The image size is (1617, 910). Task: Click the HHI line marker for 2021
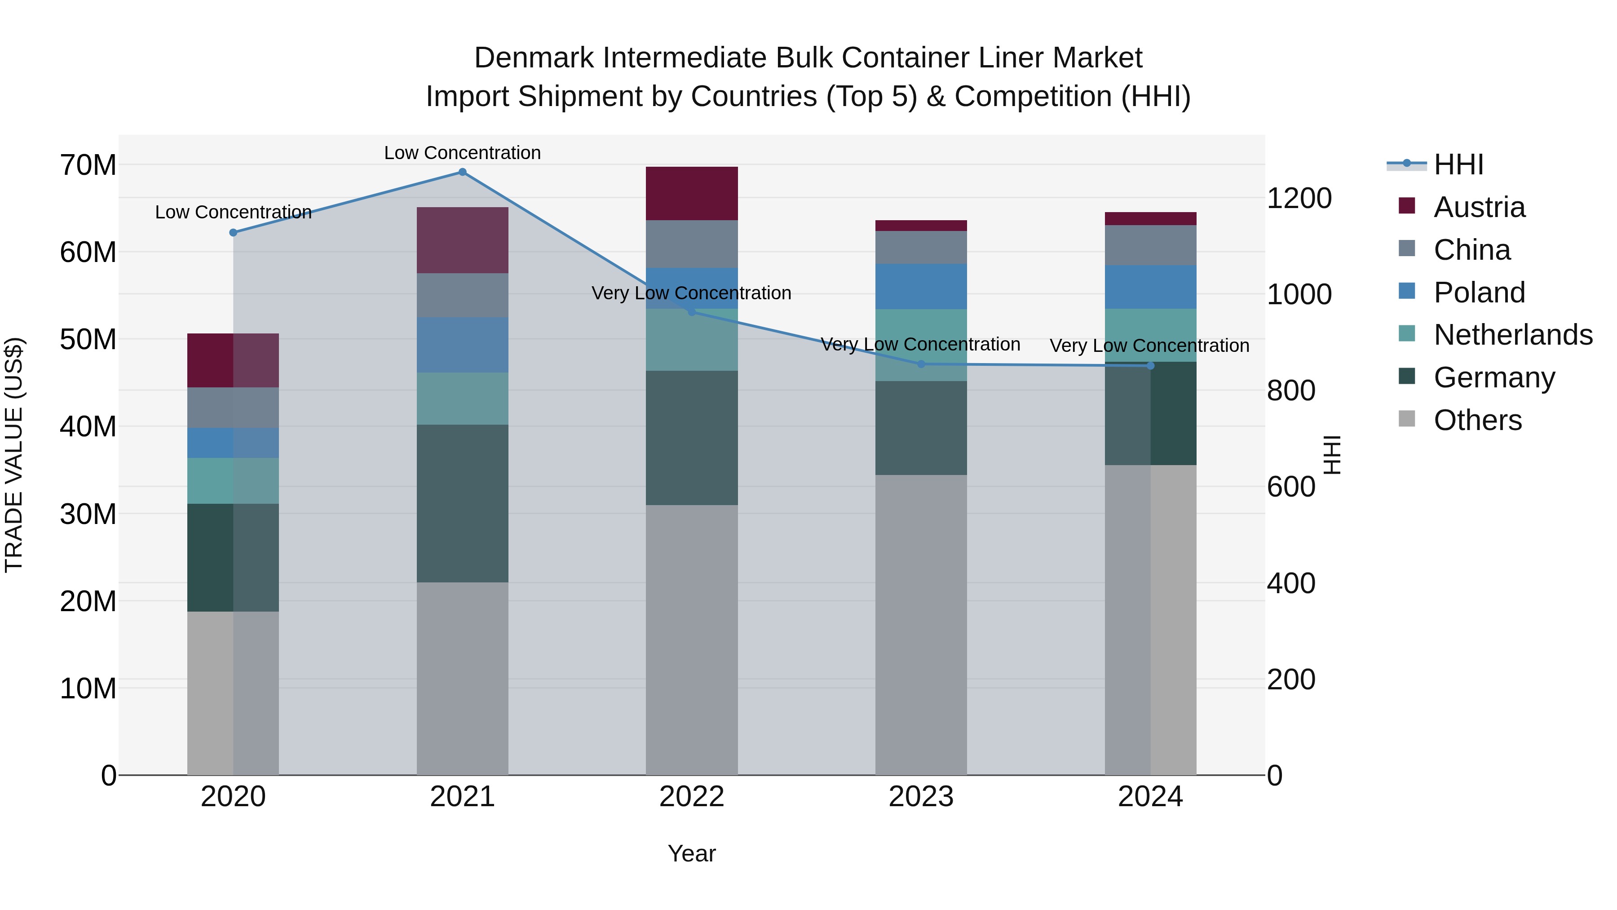click(462, 172)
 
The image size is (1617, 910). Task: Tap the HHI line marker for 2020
click(233, 232)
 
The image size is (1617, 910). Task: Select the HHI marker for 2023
click(921, 364)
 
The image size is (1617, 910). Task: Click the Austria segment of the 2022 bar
click(692, 193)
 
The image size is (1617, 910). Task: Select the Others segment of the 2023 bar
click(921, 625)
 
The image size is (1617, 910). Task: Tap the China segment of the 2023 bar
click(921, 248)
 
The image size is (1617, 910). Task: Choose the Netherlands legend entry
click(1513, 335)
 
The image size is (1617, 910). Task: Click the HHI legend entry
click(1458, 164)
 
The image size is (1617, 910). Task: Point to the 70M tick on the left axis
click(88, 165)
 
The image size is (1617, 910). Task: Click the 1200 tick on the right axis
click(1299, 199)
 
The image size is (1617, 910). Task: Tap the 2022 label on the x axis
click(692, 797)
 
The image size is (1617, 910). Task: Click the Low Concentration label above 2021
click(462, 153)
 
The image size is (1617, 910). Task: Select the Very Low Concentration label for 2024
click(1149, 346)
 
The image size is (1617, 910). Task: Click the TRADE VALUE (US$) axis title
click(14, 455)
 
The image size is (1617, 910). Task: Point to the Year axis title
click(692, 853)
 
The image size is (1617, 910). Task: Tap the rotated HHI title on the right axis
click(1331, 455)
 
